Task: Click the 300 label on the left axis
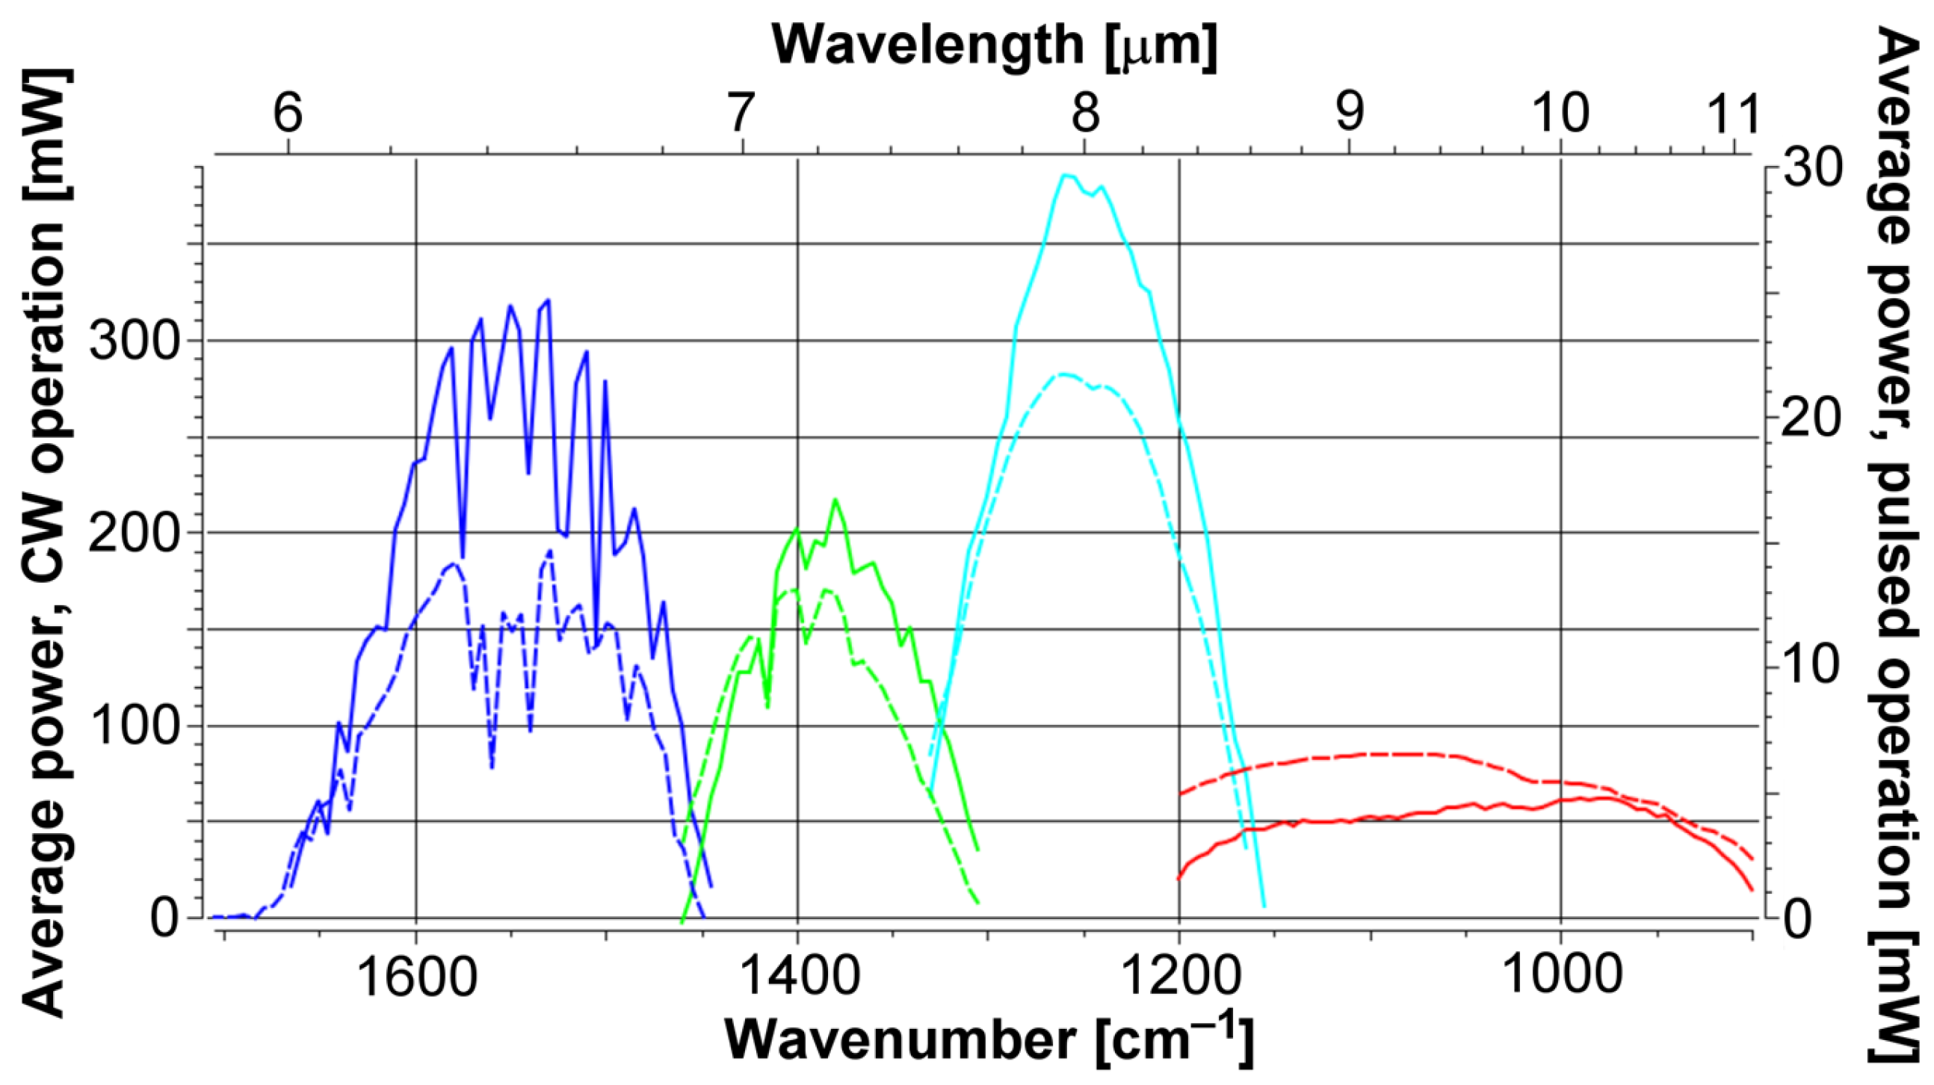click(137, 342)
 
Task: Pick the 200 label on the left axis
click(137, 534)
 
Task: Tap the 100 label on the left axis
click(137, 727)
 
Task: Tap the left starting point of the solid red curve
click(1178, 879)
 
